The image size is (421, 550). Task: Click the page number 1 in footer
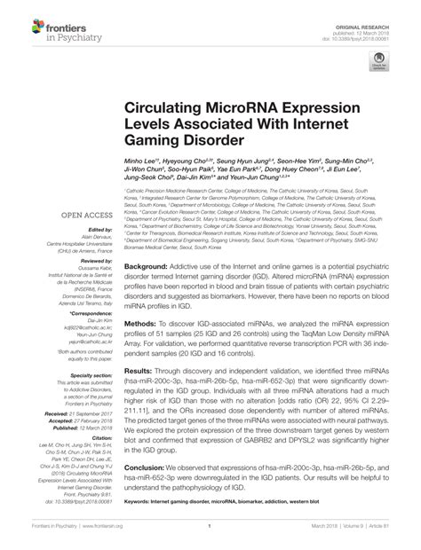pyautogui.click(x=210, y=537)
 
